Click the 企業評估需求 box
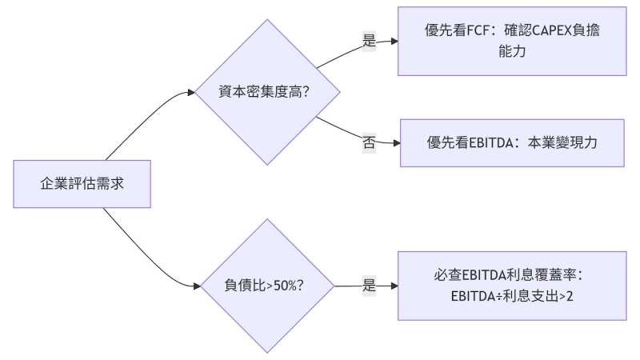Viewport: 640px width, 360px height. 82,183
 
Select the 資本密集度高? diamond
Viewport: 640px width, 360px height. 265,92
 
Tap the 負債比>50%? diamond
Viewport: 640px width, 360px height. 265,286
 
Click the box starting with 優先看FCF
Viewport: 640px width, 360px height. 512,42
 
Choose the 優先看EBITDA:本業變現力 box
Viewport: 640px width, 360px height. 512,142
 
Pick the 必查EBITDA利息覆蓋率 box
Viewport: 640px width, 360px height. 512,286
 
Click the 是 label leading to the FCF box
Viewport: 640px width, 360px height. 369,42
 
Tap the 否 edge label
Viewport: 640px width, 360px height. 369,142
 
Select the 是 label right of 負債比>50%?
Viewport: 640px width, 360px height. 369,286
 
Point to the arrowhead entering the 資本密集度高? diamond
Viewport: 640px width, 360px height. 190,92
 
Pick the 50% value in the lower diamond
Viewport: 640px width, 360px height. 286,286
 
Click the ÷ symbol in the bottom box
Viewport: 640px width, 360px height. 504,296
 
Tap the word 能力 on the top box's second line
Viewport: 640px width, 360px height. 512,52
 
